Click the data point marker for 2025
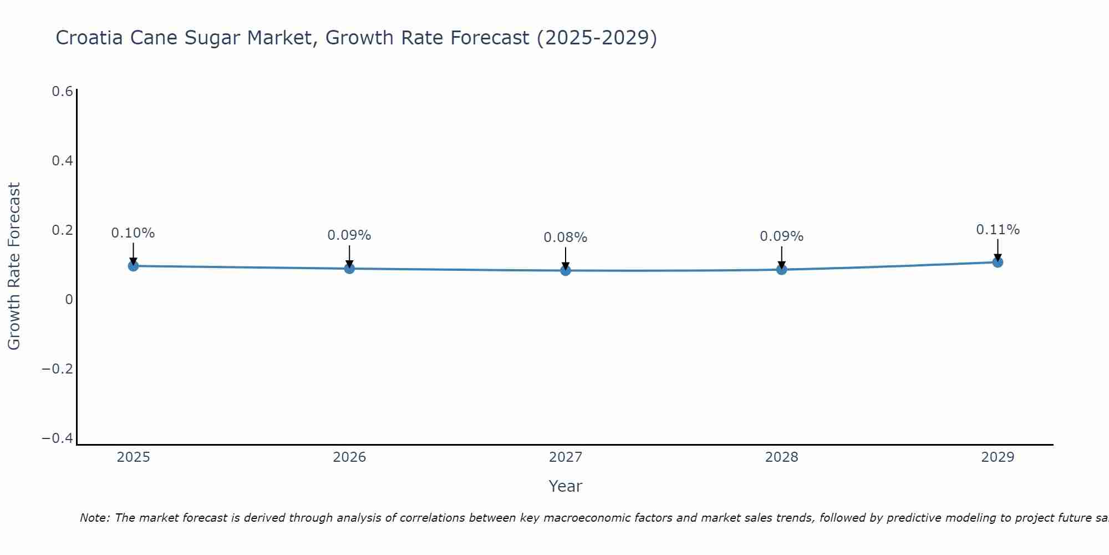[x=133, y=266]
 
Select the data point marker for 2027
[x=566, y=270]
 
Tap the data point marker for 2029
[x=998, y=262]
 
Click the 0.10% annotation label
[x=133, y=233]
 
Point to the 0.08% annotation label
[x=566, y=238]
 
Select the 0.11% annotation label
[x=998, y=230]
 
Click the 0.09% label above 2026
[x=349, y=235]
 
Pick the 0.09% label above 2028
[x=781, y=236]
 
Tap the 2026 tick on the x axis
[x=349, y=457]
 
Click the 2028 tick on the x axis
[x=781, y=457]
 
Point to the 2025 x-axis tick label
[x=133, y=457]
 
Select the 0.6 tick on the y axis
[x=62, y=92]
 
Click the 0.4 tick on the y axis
[x=62, y=161]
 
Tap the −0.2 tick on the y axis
[x=58, y=369]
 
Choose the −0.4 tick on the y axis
[x=58, y=438]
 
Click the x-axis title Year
[x=565, y=486]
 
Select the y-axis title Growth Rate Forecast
[x=14, y=266]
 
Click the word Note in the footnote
[x=94, y=518]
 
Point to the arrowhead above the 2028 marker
[x=781, y=265]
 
